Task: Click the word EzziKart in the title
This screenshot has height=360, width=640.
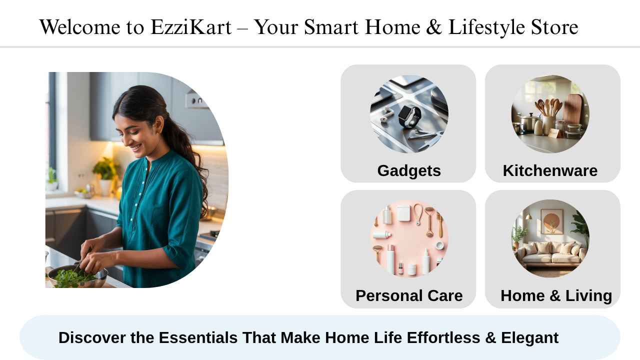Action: point(191,27)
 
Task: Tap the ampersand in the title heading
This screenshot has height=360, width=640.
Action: point(434,27)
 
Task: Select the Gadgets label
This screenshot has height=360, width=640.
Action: point(409,171)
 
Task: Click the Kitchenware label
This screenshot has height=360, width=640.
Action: point(550,171)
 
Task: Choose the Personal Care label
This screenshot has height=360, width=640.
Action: point(409,295)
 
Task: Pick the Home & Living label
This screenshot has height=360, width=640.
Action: point(556,295)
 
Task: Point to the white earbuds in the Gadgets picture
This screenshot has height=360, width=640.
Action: point(385,115)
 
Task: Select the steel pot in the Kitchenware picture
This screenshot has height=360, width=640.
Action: point(529,123)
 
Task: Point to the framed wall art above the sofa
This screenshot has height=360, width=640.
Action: point(551,221)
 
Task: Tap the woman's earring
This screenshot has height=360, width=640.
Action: point(158,131)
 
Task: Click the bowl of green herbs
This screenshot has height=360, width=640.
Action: point(77,276)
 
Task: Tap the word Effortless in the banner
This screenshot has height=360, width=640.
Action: point(443,337)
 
